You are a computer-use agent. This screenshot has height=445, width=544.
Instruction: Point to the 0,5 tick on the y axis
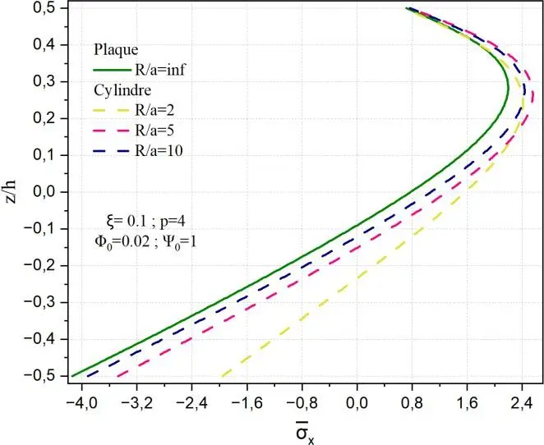tap(48, 8)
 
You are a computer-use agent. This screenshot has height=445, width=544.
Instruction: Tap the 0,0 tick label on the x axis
tap(357, 403)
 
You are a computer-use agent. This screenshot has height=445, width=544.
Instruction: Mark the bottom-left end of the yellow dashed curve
tap(221, 376)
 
